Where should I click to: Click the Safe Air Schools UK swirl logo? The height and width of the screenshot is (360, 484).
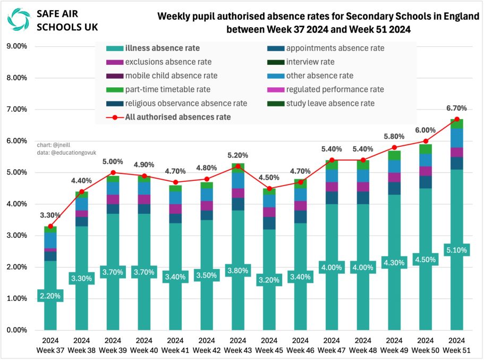19,20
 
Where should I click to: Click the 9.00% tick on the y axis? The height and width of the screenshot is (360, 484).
16,46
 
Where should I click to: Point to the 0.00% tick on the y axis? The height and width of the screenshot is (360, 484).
16,330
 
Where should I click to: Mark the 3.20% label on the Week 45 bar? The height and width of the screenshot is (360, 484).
269,280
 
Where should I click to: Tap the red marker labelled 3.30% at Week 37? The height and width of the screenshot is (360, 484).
50,227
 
